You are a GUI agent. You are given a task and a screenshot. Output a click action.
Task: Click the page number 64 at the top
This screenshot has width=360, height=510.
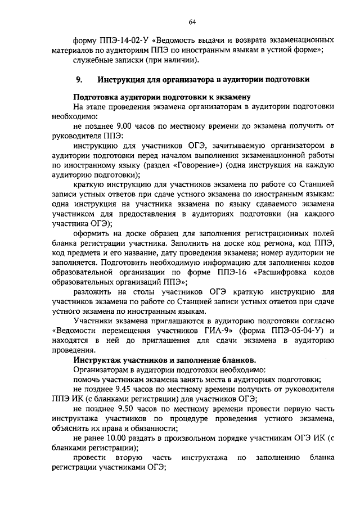click(x=192, y=21)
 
